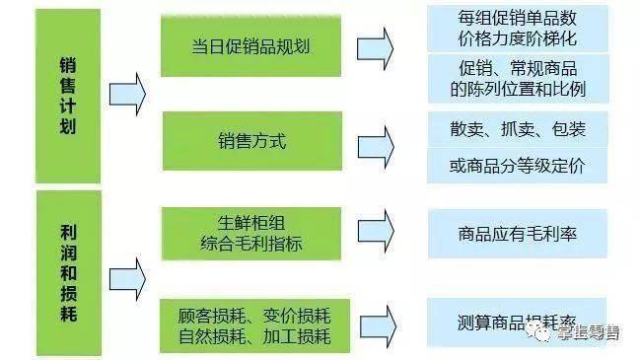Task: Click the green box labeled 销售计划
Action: [x=67, y=95]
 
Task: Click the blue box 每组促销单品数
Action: [x=517, y=29]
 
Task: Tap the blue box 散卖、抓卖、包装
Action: [x=517, y=128]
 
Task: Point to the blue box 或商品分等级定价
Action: [x=517, y=165]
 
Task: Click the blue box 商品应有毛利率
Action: [x=517, y=234]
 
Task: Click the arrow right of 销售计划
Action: [x=127, y=95]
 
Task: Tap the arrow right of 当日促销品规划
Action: [x=375, y=46]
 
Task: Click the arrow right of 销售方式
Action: [x=375, y=141]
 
